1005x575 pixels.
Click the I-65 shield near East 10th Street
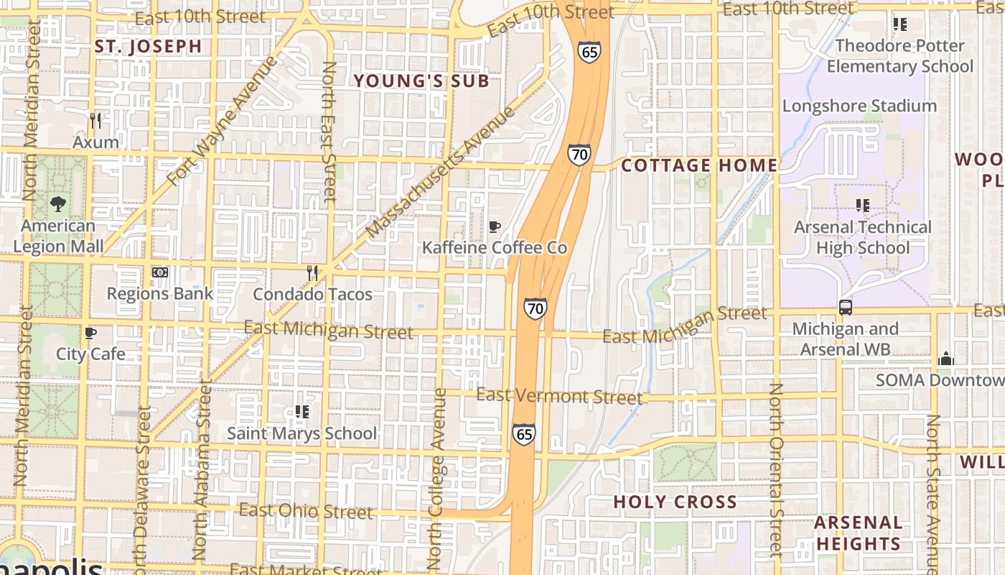tap(588, 52)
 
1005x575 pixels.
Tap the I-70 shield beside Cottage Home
tap(579, 155)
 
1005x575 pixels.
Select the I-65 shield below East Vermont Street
tap(523, 434)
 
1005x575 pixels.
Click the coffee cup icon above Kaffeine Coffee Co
tap(494, 227)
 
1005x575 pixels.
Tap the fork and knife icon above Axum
tap(95, 120)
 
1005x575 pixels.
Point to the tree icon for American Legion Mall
tap(58, 204)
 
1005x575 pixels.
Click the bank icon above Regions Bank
tap(160, 272)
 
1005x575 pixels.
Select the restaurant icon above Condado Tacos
tap(312, 272)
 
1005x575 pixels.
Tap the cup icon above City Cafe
tap(90, 333)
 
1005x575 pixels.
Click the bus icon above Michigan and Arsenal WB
tap(846, 308)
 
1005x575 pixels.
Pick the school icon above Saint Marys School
tap(301, 412)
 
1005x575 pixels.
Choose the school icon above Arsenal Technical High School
tap(863, 206)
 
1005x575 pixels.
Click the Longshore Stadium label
tap(859, 106)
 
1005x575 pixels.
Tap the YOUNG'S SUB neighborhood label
tap(421, 81)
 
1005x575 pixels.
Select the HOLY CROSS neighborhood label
tap(675, 502)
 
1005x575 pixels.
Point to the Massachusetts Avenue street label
tap(441, 172)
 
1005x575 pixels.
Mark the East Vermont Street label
tap(559, 396)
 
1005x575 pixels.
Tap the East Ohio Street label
tap(306, 511)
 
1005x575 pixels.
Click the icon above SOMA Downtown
tap(946, 359)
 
